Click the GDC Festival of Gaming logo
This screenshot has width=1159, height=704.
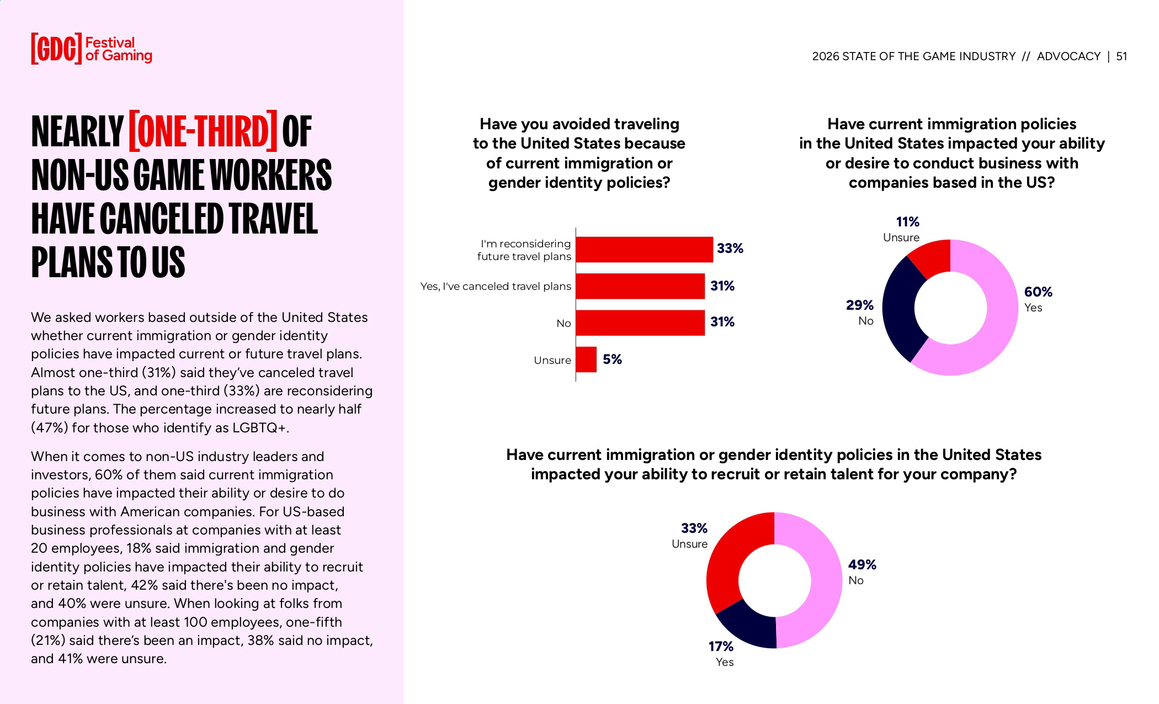(x=91, y=49)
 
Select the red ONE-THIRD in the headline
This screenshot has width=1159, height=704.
(x=203, y=131)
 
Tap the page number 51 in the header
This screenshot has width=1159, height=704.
(x=1121, y=56)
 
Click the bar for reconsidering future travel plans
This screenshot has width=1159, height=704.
(x=644, y=250)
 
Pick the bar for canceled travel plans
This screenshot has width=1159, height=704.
(x=640, y=286)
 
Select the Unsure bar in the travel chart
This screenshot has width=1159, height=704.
(x=586, y=359)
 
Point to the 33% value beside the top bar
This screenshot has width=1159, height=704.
(x=730, y=248)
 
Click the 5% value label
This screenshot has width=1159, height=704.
(x=612, y=359)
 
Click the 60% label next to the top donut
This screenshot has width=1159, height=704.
(x=1038, y=292)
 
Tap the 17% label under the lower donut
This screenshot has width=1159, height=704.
(x=721, y=646)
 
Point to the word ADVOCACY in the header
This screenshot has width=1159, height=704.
(x=1068, y=56)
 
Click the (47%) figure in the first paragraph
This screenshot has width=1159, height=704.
(x=49, y=428)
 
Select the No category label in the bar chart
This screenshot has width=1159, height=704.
(x=563, y=324)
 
